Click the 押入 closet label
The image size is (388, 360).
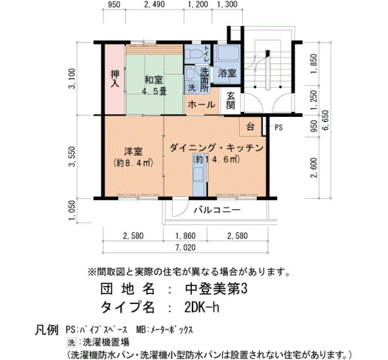coord(115,79)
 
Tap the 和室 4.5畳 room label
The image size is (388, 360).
coord(154,86)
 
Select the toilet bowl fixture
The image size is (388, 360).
coord(194,53)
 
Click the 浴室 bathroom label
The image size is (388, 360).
coord(227,73)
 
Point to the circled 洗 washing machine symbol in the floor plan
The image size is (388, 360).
coord(192,88)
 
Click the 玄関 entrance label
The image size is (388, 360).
coord(231,101)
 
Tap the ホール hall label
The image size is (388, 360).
coord(201,105)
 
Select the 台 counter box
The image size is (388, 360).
coord(251,127)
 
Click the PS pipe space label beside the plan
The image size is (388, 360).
coord(279,127)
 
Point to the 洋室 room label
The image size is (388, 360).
coord(134,152)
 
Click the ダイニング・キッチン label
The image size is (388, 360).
coord(217,148)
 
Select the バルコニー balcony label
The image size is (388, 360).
coord(217,210)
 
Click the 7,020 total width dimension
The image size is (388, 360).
coord(186,248)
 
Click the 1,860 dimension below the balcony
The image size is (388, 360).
coord(186,236)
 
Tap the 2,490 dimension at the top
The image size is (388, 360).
coord(155,4)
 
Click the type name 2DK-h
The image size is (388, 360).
coord(202,307)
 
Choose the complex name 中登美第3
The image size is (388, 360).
coord(216,289)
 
